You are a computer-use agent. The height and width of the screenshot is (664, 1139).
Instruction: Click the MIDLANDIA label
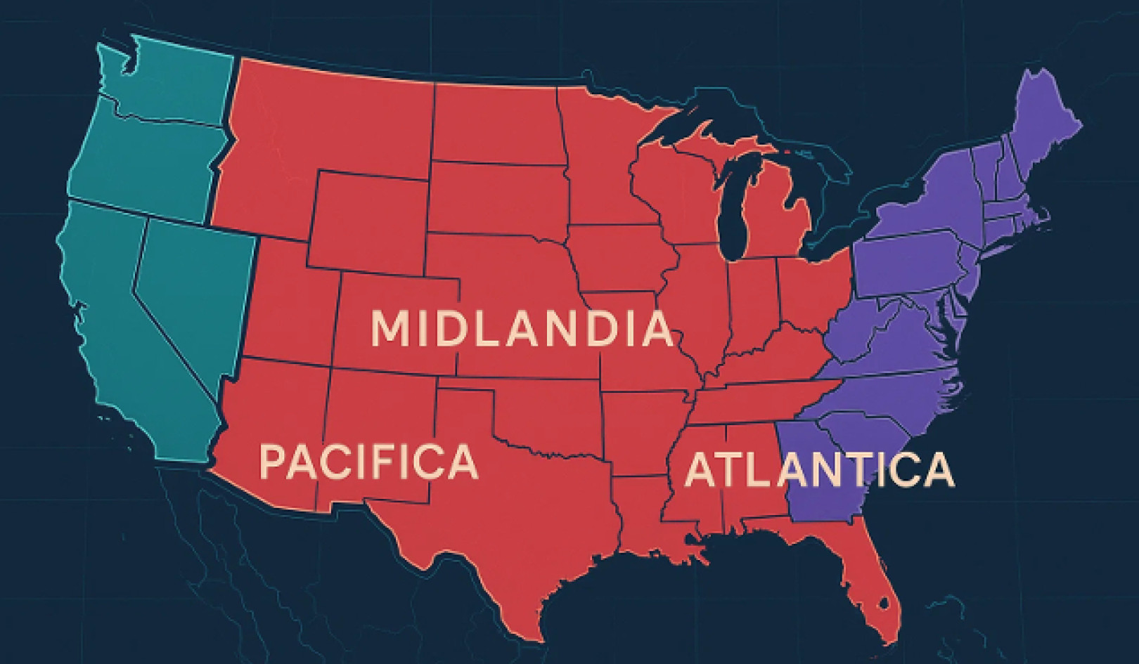tap(521, 329)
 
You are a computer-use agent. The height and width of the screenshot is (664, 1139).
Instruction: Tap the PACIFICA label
tap(368, 462)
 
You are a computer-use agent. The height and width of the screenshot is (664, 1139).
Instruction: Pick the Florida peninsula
tap(868, 590)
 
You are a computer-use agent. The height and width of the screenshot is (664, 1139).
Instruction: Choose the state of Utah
tap(292, 309)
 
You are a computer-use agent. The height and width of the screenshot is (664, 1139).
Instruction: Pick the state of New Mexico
tap(380, 436)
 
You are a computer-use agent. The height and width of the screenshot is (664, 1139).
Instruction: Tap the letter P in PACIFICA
tap(274, 462)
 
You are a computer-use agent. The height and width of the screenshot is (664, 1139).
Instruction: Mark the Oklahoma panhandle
tap(464, 398)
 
